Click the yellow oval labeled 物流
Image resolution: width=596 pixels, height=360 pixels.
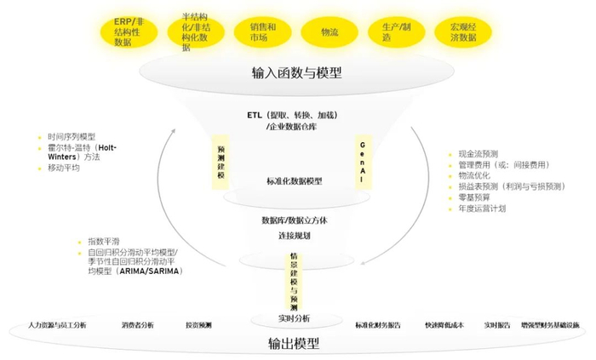pyautogui.click(x=330, y=31)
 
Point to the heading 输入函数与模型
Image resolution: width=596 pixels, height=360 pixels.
pyautogui.click(x=297, y=73)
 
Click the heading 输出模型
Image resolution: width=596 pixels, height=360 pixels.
pyautogui.click(x=295, y=342)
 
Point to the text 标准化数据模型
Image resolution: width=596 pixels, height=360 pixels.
pyautogui.click(x=295, y=181)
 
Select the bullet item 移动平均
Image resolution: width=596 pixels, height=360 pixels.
pyautogui.click(x=64, y=169)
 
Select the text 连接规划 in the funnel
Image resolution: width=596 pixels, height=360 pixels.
pyautogui.click(x=293, y=235)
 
